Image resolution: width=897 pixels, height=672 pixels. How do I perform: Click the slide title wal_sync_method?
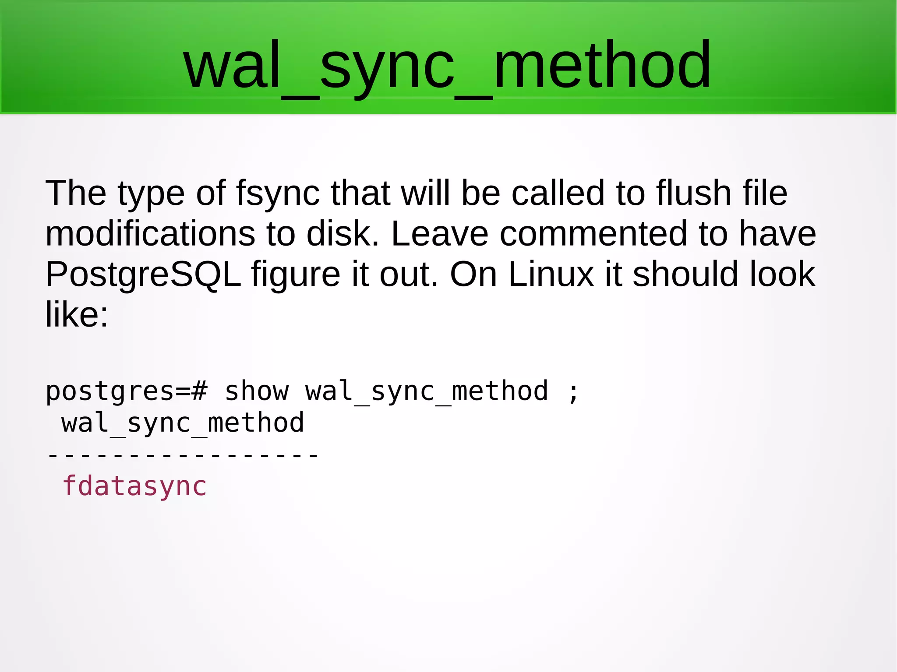pyautogui.click(x=447, y=66)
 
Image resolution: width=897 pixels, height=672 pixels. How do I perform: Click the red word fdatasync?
pyautogui.click(x=134, y=486)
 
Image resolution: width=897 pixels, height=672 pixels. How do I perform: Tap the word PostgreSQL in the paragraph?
pyautogui.click(x=143, y=274)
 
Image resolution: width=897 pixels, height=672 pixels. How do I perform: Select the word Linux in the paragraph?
pyautogui.click(x=551, y=274)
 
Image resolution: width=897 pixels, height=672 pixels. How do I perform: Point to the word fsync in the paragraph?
pyautogui.click(x=278, y=193)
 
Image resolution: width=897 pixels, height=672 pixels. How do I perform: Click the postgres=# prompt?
pyautogui.click(x=126, y=391)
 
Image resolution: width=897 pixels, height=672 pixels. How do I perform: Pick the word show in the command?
pyautogui.click(x=257, y=391)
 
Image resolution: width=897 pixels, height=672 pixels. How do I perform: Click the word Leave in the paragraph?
pyautogui.click(x=439, y=234)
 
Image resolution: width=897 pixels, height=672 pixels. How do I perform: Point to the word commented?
pyautogui.click(x=593, y=234)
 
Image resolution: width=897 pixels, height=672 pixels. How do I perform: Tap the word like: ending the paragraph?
pyautogui.click(x=77, y=315)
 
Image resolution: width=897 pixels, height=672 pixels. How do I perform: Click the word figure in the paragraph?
pyautogui.click(x=296, y=274)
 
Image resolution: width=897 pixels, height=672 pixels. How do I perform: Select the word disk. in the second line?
pyautogui.click(x=343, y=234)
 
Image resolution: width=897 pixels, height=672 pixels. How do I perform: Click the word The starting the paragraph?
pyautogui.click(x=76, y=193)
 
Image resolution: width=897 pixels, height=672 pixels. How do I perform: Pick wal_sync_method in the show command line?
pyautogui.click(x=427, y=391)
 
